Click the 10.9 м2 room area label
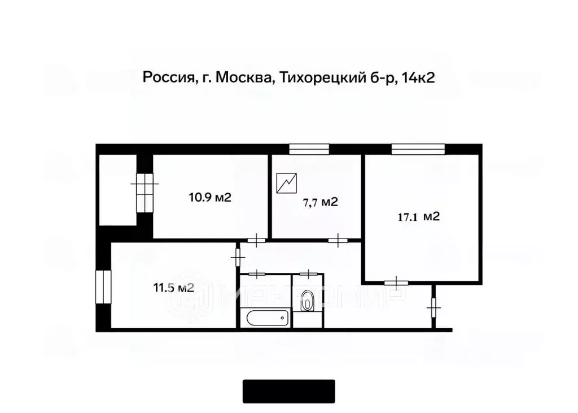click(211, 197)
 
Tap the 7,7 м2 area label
click(320, 202)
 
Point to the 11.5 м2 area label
click(173, 288)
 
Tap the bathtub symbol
click(268, 318)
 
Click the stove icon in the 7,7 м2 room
click(287, 184)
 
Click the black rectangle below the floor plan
click(289, 391)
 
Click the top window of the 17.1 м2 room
click(418, 149)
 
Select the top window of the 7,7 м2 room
click(309, 149)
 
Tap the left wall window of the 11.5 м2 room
click(103, 288)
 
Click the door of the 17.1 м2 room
click(398, 281)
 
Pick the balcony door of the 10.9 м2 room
click(145, 191)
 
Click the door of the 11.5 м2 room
click(237, 257)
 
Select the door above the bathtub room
click(257, 274)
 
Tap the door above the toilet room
click(309, 274)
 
